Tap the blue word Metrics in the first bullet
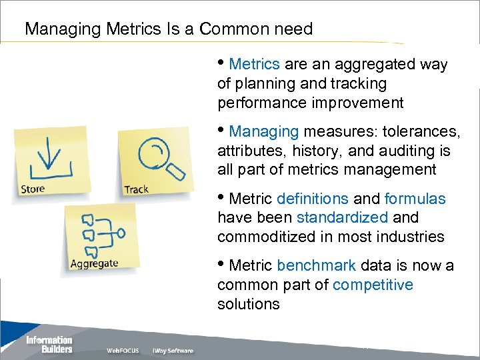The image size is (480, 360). click(x=254, y=65)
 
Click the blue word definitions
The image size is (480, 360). click(x=312, y=199)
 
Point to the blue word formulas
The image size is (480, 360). click(x=415, y=199)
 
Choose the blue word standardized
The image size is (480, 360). click(x=342, y=218)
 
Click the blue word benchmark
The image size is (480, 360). click(x=316, y=265)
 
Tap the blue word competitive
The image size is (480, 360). click(x=373, y=285)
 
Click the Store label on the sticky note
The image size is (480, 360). click(x=33, y=189)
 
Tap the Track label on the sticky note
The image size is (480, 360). click(x=136, y=189)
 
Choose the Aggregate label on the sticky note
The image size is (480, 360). click(x=94, y=263)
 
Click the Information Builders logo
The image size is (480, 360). click(x=49, y=344)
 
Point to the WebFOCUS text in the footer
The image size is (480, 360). click(x=123, y=351)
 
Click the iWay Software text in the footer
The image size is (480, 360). click(x=173, y=351)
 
